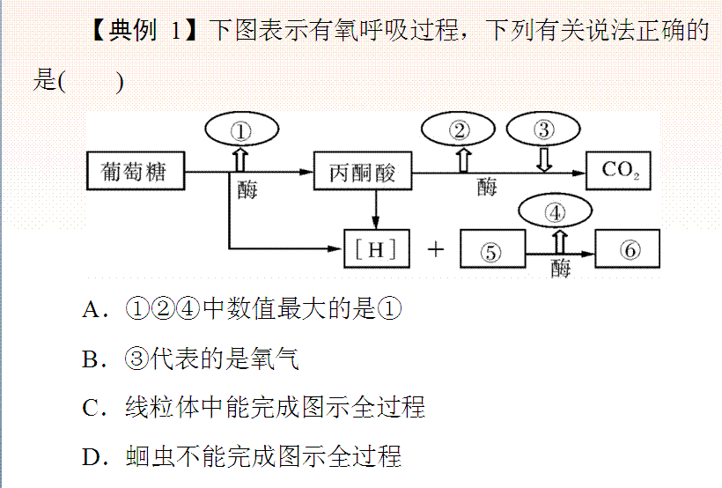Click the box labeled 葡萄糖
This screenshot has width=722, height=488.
136,171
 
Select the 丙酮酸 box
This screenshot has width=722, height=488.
363,171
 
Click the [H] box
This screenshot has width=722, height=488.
377,250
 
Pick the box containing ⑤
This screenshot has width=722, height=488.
492,251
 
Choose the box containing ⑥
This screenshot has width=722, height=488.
628,250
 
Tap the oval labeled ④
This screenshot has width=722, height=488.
555,212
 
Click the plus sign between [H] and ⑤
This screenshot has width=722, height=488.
436,250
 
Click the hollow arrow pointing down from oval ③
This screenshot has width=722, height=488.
544,159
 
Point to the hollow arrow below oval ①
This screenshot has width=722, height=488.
239,159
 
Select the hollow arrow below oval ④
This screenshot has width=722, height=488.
557,240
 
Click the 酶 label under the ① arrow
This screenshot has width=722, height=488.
247,189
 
